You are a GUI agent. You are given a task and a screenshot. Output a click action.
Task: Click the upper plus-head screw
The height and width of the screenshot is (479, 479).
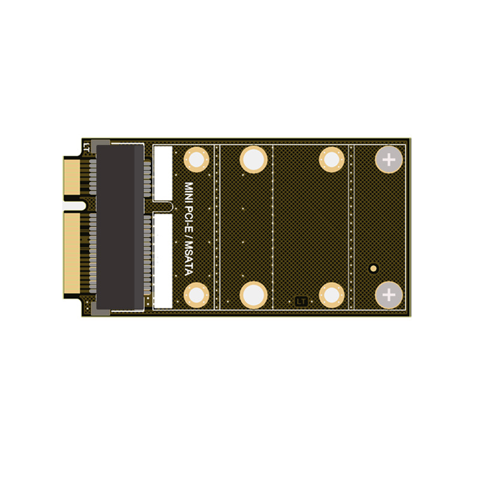[389, 160]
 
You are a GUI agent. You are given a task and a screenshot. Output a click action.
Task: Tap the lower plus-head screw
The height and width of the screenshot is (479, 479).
[389, 295]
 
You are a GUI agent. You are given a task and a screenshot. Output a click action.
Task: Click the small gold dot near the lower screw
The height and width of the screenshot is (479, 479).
[374, 268]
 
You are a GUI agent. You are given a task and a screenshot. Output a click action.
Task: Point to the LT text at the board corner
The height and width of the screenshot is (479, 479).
[87, 145]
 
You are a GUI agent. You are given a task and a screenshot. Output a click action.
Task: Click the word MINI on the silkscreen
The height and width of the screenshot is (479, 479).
[189, 193]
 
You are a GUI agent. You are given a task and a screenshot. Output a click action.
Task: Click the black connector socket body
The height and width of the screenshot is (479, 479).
[120, 228]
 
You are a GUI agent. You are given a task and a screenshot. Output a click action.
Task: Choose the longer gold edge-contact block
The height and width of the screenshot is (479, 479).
[72, 254]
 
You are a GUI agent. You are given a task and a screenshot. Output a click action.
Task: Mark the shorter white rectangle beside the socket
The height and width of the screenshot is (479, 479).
[163, 173]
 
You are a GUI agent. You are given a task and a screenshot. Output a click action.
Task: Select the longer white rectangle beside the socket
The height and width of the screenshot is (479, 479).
[163, 261]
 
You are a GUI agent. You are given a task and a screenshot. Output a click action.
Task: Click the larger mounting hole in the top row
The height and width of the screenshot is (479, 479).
[253, 160]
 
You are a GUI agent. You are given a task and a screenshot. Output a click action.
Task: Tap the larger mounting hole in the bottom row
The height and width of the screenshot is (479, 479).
[253, 295]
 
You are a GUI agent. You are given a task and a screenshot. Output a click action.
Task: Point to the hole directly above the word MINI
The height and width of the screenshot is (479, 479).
[196, 160]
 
